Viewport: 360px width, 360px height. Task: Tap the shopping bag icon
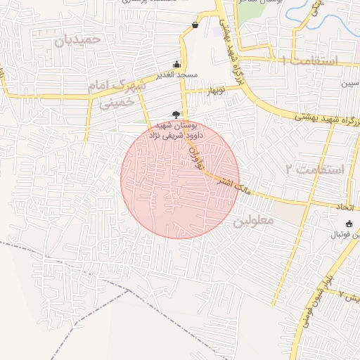[195, 26]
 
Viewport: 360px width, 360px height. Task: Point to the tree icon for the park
[175, 115]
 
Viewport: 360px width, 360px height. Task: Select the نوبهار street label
[214, 91]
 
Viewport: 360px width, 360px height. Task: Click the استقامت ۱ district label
[310, 62]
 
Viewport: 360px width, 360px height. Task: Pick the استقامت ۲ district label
[316, 169]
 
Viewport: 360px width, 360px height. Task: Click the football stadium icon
[349, 223]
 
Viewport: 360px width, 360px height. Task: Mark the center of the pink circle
[180, 179]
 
